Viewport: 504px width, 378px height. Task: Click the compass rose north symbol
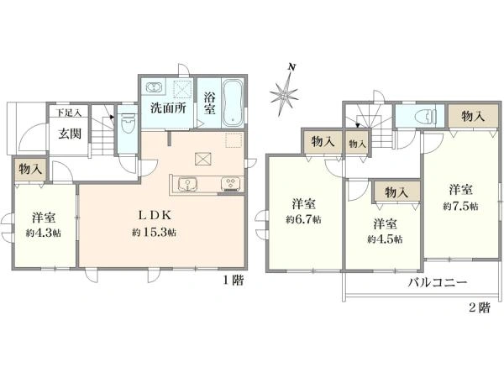(x=285, y=92)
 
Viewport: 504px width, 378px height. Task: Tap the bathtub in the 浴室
(x=233, y=102)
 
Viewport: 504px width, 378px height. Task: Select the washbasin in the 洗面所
(x=155, y=87)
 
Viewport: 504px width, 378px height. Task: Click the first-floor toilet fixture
(x=129, y=123)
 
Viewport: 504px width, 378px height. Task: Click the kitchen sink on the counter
(x=187, y=185)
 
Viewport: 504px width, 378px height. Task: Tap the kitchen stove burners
(x=230, y=184)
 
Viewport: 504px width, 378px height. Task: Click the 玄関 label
(x=70, y=134)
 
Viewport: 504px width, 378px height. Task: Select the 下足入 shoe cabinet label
(x=68, y=113)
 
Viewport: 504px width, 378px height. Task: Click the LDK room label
(x=155, y=215)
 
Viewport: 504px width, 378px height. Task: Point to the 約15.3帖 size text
(x=154, y=232)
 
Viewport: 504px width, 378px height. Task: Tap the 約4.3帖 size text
(x=44, y=233)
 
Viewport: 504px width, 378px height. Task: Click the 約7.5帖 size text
(x=460, y=206)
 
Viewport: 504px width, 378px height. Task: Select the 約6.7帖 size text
(x=303, y=219)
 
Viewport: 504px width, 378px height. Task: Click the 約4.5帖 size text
(x=385, y=239)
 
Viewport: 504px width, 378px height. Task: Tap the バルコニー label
(x=437, y=283)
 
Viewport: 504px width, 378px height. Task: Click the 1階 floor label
(x=234, y=281)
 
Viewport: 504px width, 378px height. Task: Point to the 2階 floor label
(x=480, y=308)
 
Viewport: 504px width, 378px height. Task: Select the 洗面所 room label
(x=168, y=108)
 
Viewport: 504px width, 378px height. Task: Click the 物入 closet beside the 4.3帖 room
(x=30, y=169)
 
